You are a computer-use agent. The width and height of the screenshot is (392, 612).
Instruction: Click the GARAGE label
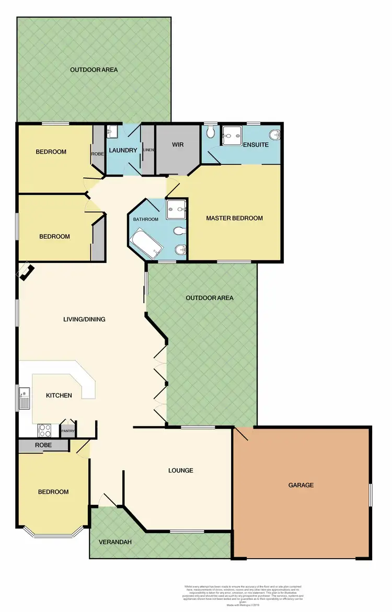tap(301, 485)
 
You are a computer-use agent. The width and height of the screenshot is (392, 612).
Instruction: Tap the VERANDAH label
tap(115, 542)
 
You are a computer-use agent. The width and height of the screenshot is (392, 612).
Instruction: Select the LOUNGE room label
tap(181, 470)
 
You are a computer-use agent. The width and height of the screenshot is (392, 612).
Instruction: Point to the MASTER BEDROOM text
tap(234, 218)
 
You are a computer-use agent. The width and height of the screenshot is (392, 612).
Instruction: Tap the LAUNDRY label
tap(123, 151)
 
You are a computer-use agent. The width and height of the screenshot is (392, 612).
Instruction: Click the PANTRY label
tap(68, 431)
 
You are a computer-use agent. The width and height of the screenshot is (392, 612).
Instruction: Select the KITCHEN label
tap(59, 396)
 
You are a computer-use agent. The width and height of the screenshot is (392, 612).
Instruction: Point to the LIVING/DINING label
tap(85, 319)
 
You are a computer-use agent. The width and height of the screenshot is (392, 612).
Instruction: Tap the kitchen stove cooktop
tap(44, 431)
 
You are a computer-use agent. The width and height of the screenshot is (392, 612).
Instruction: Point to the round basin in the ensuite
tap(277, 135)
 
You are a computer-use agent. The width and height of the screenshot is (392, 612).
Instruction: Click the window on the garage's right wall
tap(371, 494)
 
